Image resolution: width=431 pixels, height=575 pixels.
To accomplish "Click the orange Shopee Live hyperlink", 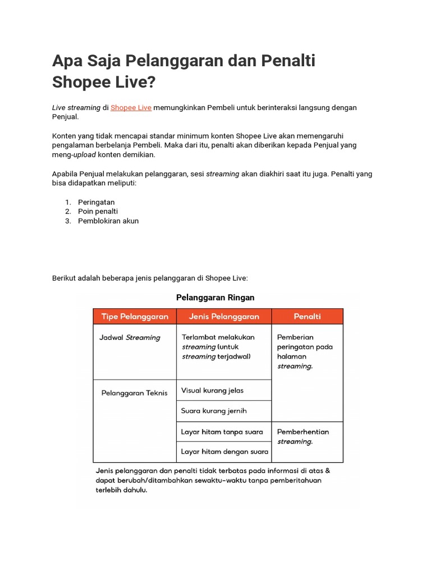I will click(x=131, y=107).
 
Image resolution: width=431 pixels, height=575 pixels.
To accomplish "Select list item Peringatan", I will click(x=96, y=202).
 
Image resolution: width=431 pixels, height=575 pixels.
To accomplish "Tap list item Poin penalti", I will click(x=98, y=211).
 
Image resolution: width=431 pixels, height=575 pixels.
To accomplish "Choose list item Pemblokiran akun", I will click(x=108, y=221).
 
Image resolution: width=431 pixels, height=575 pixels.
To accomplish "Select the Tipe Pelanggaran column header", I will click(x=135, y=317).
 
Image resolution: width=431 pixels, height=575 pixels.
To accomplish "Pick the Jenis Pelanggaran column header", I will click(x=224, y=317).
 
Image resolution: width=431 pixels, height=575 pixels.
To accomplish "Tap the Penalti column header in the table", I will click(x=307, y=317).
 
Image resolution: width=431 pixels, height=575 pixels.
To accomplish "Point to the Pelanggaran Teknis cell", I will click(x=134, y=393).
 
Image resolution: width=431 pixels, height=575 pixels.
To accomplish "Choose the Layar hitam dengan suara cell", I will click(x=224, y=451).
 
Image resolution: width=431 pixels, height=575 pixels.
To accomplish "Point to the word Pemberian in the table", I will click(x=296, y=337).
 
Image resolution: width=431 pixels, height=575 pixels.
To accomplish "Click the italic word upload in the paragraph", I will click(x=85, y=155).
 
